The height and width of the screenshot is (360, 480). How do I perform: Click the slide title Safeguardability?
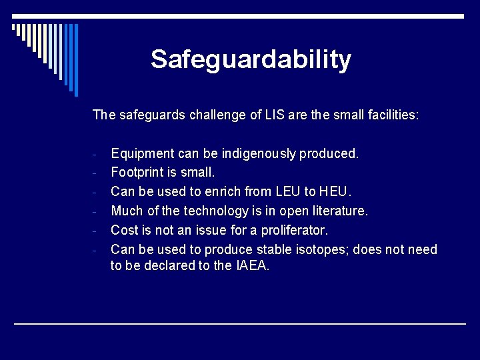coord(251,59)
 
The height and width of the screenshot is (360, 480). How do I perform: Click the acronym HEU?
coord(335,192)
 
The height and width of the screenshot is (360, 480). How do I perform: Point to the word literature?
coord(338,211)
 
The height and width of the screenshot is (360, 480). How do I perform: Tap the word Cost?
coord(125,230)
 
